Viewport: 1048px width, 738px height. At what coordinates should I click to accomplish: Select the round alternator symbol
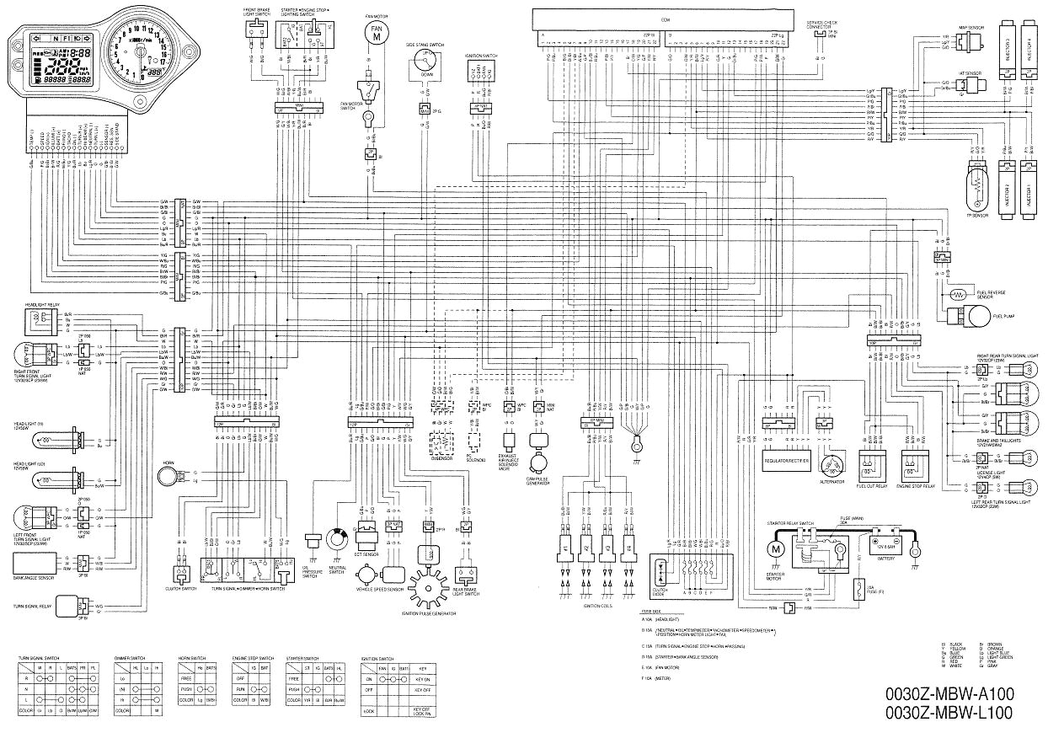(832, 465)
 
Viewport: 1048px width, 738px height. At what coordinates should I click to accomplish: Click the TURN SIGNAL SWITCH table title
(40, 658)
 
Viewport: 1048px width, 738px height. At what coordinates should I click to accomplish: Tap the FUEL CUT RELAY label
(872, 486)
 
